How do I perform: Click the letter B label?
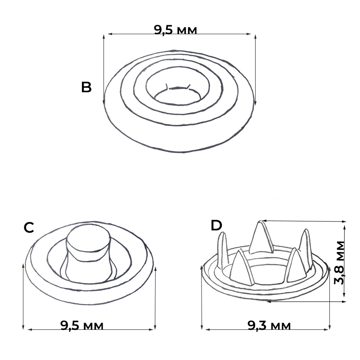(86, 87)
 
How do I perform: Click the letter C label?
(29, 228)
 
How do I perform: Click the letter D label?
(216, 225)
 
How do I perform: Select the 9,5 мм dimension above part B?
(175, 30)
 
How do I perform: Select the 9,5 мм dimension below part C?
(82, 325)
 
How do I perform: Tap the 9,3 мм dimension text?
(269, 325)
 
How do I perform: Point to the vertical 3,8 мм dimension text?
(340, 263)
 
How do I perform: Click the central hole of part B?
(177, 98)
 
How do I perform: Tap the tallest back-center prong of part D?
(261, 238)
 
